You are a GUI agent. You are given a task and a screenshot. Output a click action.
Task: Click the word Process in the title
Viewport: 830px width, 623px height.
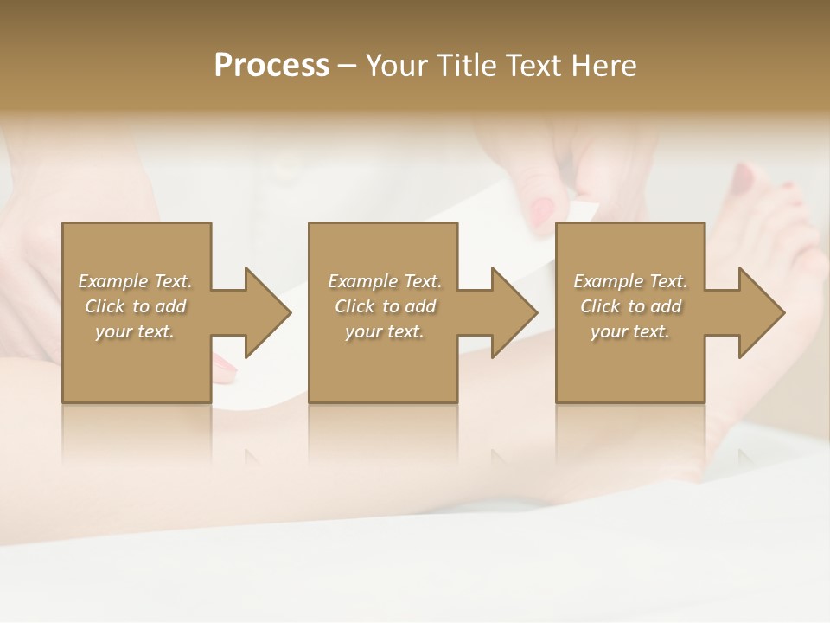(x=271, y=66)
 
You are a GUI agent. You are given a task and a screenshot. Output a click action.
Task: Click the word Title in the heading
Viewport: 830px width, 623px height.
(x=464, y=66)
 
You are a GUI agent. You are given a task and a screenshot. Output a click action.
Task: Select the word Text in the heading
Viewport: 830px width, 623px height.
(x=533, y=66)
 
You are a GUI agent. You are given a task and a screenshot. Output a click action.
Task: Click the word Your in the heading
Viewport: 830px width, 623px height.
(x=394, y=66)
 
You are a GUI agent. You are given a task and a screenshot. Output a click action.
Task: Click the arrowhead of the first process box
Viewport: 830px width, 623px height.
(x=268, y=312)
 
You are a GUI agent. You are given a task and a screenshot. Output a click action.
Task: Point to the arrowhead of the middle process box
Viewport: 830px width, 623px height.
(x=515, y=312)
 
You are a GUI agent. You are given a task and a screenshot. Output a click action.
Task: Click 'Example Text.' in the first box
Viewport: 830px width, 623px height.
(x=136, y=281)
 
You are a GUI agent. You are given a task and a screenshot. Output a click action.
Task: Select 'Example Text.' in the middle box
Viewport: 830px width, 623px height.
(x=385, y=281)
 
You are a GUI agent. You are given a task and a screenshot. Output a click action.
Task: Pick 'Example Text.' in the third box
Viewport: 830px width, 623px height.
(x=630, y=281)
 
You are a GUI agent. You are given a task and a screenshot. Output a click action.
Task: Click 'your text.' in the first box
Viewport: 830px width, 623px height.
(x=135, y=331)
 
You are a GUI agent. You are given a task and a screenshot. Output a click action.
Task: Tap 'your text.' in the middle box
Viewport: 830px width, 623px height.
(x=385, y=331)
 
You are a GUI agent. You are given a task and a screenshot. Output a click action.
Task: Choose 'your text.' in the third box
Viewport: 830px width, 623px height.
(x=630, y=331)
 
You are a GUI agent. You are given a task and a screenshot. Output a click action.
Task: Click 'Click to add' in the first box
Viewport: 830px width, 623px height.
(x=136, y=306)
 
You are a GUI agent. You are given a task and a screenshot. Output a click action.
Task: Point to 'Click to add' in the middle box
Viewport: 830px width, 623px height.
(x=385, y=306)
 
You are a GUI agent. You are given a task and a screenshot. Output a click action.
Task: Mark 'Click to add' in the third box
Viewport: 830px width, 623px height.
(x=630, y=306)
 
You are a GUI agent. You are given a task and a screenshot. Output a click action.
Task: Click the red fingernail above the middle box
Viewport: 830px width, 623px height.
(x=542, y=210)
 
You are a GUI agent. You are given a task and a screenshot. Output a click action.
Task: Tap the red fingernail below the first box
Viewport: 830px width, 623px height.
(x=225, y=370)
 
